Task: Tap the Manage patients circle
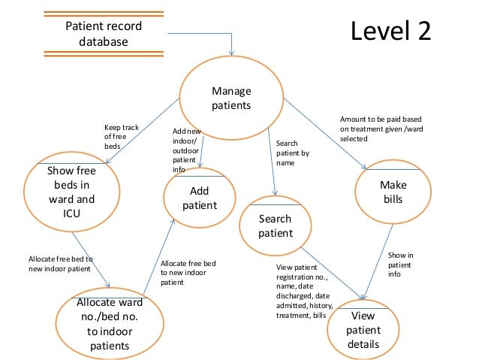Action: coord(231,98)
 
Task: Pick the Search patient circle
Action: coord(275,226)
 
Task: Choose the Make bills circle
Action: coord(391,192)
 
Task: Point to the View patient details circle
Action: coord(363,330)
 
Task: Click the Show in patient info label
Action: coord(401,265)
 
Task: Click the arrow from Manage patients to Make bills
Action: coord(327,135)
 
